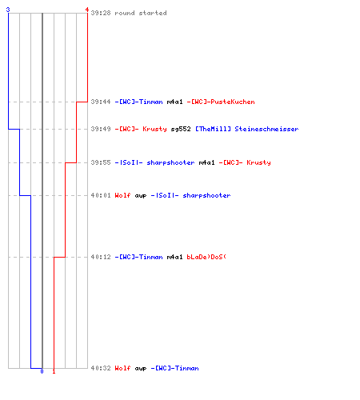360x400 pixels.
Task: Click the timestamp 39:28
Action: pyautogui.click(x=101, y=13)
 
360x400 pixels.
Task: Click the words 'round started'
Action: pyautogui.click(x=141, y=13)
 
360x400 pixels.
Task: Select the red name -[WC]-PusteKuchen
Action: pyautogui.click(x=221, y=102)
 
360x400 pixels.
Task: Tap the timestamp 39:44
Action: pyautogui.click(x=101, y=102)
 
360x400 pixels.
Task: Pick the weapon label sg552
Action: pyautogui.click(x=181, y=129)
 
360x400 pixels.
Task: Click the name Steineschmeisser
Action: pyautogui.click(x=266, y=129)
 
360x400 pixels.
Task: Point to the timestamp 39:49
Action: pyautogui.click(x=101, y=129)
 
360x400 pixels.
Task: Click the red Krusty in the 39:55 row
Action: pyautogui.click(x=258, y=162)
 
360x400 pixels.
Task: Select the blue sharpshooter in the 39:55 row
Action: pyautogui.click(x=170, y=162)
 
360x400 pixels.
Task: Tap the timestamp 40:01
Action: pyautogui.click(x=101, y=195)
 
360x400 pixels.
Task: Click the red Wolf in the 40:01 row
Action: pyautogui.click(x=122, y=195)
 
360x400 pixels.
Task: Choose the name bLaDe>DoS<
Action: pyautogui.click(x=206, y=257)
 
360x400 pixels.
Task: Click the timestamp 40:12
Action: pyautogui.click(x=101, y=257)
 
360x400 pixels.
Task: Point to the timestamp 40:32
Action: pyautogui.click(x=101, y=368)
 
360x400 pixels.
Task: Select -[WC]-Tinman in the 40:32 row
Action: pyautogui.click(x=174, y=368)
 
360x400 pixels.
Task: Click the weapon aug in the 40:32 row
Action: pyautogui.click(x=141, y=369)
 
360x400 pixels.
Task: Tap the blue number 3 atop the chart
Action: pyautogui.click(x=8, y=10)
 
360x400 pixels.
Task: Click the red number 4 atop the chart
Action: pyautogui.click(x=87, y=10)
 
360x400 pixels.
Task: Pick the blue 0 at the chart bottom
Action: pyautogui.click(x=42, y=371)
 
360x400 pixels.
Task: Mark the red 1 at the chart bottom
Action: pyautogui.click(x=54, y=371)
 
